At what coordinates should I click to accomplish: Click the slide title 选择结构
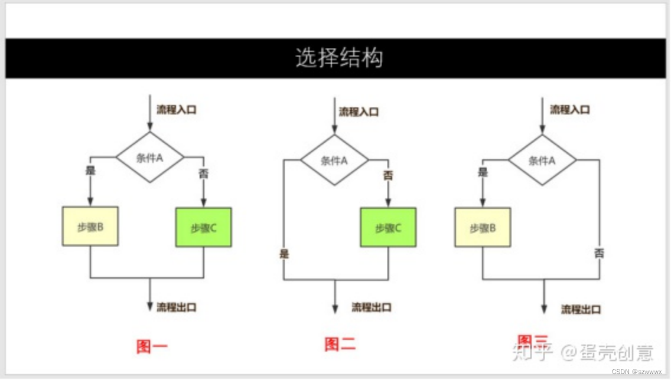coord(339,58)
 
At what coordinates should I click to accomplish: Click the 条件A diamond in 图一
coord(149,158)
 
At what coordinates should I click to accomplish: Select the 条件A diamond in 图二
coord(334,160)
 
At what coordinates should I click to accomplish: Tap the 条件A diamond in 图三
coord(542,160)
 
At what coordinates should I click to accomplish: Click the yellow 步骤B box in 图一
coord(90,227)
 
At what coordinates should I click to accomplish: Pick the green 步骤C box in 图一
coord(204,227)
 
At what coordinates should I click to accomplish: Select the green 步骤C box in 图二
coord(388,227)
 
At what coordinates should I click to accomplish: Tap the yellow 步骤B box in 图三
coord(483,228)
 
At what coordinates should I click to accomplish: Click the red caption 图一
coord(152,346)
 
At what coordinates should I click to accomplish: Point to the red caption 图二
coord(340,344)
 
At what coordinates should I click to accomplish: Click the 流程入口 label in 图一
coord(177,109)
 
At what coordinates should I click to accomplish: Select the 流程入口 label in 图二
coord(359,112)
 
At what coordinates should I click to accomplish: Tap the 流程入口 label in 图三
coord(570,109)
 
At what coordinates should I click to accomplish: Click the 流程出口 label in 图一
coord(177,307)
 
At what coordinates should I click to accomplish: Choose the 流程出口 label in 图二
coord(372,307)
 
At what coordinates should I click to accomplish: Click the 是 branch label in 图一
coord(91,172)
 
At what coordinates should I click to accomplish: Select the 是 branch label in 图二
coord(285,254)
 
